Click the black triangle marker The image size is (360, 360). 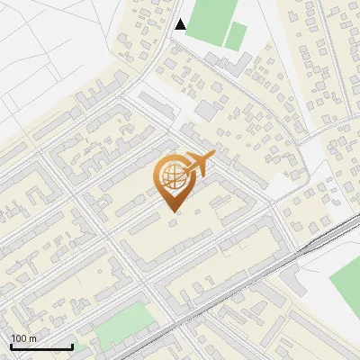(x=181, y=24)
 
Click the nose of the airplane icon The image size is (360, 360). (x=212, y=157)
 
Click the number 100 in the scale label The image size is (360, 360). (x=19, y=337)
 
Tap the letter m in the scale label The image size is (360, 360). (x=32, y=337)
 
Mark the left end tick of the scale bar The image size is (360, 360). (x=10, y=346)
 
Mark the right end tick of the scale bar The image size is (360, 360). (x=72, y=346)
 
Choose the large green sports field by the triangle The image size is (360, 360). (x=210, y=20)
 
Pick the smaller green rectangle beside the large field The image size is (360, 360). (x=236, y=37)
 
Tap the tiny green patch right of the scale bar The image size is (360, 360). (x=81, y=347)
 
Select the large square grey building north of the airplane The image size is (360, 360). (x=206, y=110)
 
